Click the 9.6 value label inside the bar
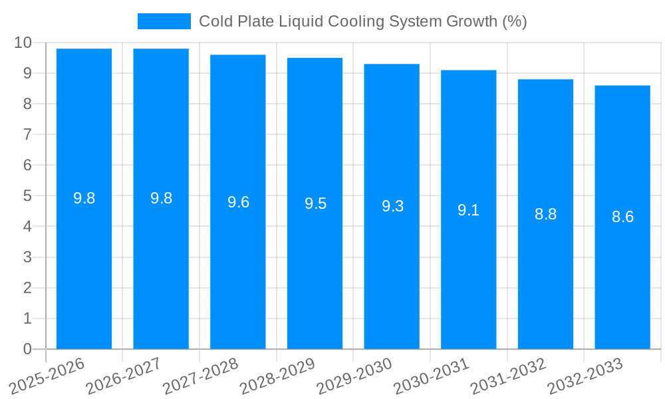238,202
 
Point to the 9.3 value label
392,207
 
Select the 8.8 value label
545,214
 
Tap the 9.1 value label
469,211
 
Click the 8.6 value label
622,217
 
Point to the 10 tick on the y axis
23,43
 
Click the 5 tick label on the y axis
27,196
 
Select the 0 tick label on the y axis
27,349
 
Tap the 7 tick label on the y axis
27,134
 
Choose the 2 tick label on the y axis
27,288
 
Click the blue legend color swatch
164,21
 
